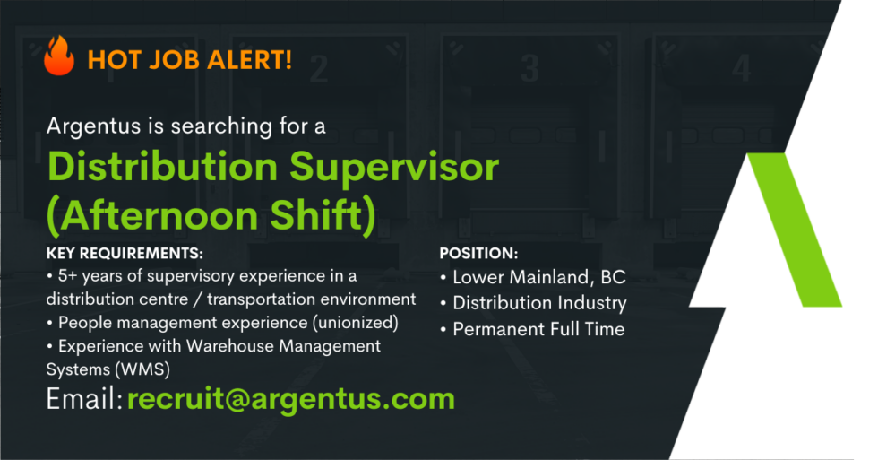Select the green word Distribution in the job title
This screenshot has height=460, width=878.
point(163,167)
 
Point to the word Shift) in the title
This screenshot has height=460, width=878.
point(323,216)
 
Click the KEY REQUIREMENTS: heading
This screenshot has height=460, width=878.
point(125,253)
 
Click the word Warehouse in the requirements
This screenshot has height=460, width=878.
point(229,346)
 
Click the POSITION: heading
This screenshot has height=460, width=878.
point(478,253)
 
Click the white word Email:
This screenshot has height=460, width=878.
point(84,399)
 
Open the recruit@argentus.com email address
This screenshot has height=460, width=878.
point(291,400)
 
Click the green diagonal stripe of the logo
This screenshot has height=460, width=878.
point(795,230)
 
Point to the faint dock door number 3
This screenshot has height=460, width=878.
point(529,68)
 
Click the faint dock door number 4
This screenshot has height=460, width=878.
point(741,68)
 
